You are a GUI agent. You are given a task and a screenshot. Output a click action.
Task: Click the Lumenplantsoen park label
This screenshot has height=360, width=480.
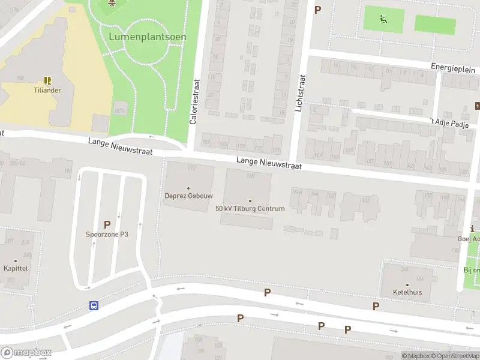(148, 37)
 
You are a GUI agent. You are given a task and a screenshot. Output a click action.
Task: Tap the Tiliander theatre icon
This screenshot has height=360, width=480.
(47, 80)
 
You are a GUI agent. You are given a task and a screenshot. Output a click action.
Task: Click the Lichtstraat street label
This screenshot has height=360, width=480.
(301, 93)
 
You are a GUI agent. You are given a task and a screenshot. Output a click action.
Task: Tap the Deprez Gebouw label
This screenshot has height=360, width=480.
(188, 196)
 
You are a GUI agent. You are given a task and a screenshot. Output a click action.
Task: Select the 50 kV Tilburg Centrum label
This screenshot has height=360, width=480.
(250, 208)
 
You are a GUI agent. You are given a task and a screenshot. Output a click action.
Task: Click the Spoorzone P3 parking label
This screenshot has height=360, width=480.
(107, 235)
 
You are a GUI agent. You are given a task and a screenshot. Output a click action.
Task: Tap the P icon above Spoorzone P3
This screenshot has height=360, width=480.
(107, 224)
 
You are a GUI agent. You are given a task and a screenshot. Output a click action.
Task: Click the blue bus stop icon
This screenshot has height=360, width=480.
(94, 305)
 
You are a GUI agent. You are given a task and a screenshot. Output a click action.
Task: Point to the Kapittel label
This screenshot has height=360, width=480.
(15, 268)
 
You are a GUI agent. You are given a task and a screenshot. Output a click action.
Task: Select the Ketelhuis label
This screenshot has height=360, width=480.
(407, 292)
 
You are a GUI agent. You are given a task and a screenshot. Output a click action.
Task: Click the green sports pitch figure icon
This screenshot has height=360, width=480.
(383, 18)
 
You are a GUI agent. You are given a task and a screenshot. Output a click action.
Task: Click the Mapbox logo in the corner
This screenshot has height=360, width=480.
(26, 352)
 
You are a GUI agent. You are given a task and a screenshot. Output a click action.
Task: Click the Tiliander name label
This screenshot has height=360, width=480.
(47, 91)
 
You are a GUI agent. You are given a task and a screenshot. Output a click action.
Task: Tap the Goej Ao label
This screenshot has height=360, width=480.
(469, 238)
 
